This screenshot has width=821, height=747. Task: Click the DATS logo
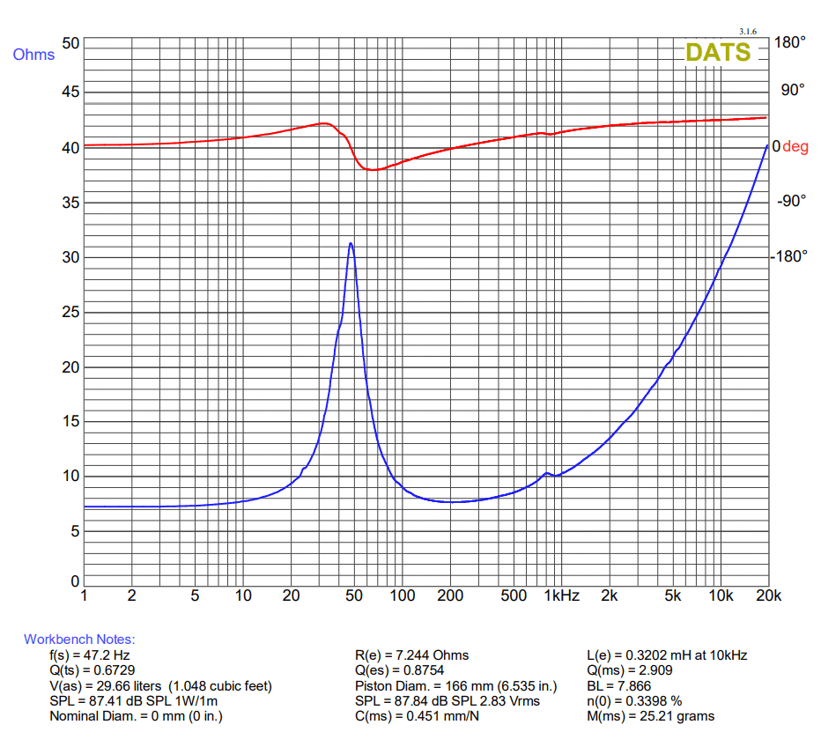[718, 52]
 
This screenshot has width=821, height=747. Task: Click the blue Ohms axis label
[33, 55]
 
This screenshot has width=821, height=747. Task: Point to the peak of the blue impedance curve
[351, 243]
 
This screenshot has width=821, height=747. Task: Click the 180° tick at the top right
[790, 42]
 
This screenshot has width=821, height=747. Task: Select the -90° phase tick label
[791, 201]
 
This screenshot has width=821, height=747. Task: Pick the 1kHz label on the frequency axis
[561, 596]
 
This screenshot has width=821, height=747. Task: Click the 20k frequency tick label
[768, 596]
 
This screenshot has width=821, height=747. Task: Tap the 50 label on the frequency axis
[354, 596]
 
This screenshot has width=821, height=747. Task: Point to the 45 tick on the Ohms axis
[70, 92]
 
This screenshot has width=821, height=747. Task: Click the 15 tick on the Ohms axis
[70, 422]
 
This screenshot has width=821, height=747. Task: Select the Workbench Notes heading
[79, 640]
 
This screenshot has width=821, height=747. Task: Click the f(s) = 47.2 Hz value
[91, 655]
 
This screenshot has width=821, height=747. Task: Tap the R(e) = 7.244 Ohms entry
[411, 655]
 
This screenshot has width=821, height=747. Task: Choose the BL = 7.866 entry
[618, 686]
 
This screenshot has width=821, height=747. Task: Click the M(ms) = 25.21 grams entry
[650, 716]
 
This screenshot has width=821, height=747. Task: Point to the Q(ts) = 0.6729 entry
[92, 670]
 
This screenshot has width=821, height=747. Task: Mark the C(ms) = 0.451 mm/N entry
[416, 716]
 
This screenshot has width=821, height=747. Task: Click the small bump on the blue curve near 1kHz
[547, 473]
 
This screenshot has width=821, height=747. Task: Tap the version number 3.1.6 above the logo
[748, 31]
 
